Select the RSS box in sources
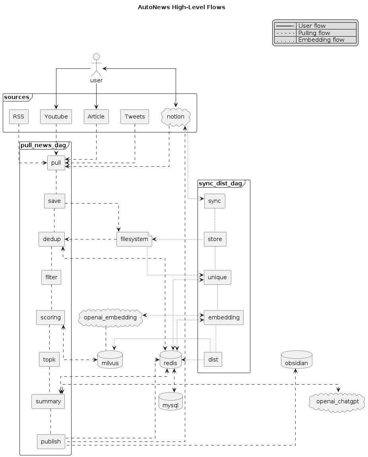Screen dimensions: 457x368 click(18, 117)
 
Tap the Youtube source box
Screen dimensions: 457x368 click(56, 117)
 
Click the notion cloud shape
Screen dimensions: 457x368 click(176, 117)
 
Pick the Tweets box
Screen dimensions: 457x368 click(135, 117)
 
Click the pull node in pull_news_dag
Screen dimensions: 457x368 click(56, 163)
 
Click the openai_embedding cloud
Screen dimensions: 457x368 click(110, 317)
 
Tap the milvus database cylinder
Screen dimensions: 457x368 click(110, 360)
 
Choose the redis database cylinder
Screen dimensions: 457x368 click(170, 360)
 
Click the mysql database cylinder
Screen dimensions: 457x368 click(170, 402)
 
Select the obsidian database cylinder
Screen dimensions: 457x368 click(296, 360)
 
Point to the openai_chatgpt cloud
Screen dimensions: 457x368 click(337, 402)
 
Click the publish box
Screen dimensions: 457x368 click(51, 441)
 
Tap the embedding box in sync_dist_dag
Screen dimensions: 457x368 click(223, 317)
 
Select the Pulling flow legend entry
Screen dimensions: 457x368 click(314, 33)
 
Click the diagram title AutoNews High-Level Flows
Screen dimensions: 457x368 click(181, 7)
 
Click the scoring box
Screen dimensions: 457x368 click(50, 317)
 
